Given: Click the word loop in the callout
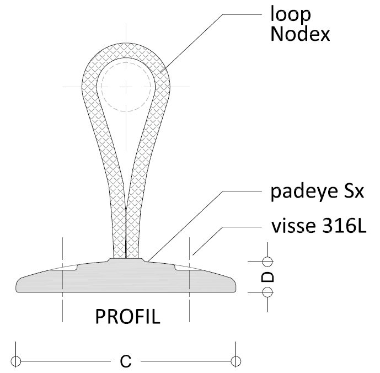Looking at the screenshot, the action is tap(290, 15).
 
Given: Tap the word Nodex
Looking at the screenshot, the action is tap(300, 34).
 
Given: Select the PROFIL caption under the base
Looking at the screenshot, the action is tap(128, 317).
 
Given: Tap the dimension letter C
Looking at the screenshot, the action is tap(126, 361).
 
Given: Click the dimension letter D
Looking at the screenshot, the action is tap(267, 277).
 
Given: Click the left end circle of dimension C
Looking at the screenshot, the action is tap(16, 361).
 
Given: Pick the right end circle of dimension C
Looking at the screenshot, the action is tap(236, 361).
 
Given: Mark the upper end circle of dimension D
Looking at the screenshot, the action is tap(267, 262).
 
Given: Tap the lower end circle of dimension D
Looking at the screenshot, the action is tap(267, 292).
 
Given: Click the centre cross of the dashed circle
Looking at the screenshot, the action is tap(126, 87).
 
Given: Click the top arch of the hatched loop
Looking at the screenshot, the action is tap(126, 50).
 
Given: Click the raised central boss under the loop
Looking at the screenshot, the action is tap(126, 260).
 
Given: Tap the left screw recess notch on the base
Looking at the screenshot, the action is tap(64, 268).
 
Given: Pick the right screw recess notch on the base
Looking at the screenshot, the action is tap(188, 268).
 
